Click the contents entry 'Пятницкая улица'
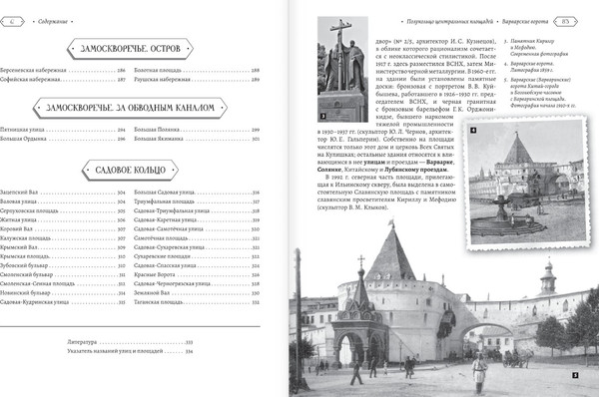[57, 131]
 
